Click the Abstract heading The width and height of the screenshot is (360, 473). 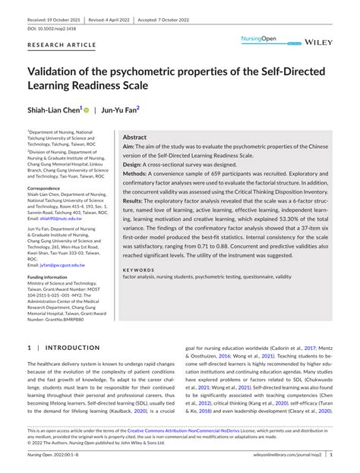tap(134, 138)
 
